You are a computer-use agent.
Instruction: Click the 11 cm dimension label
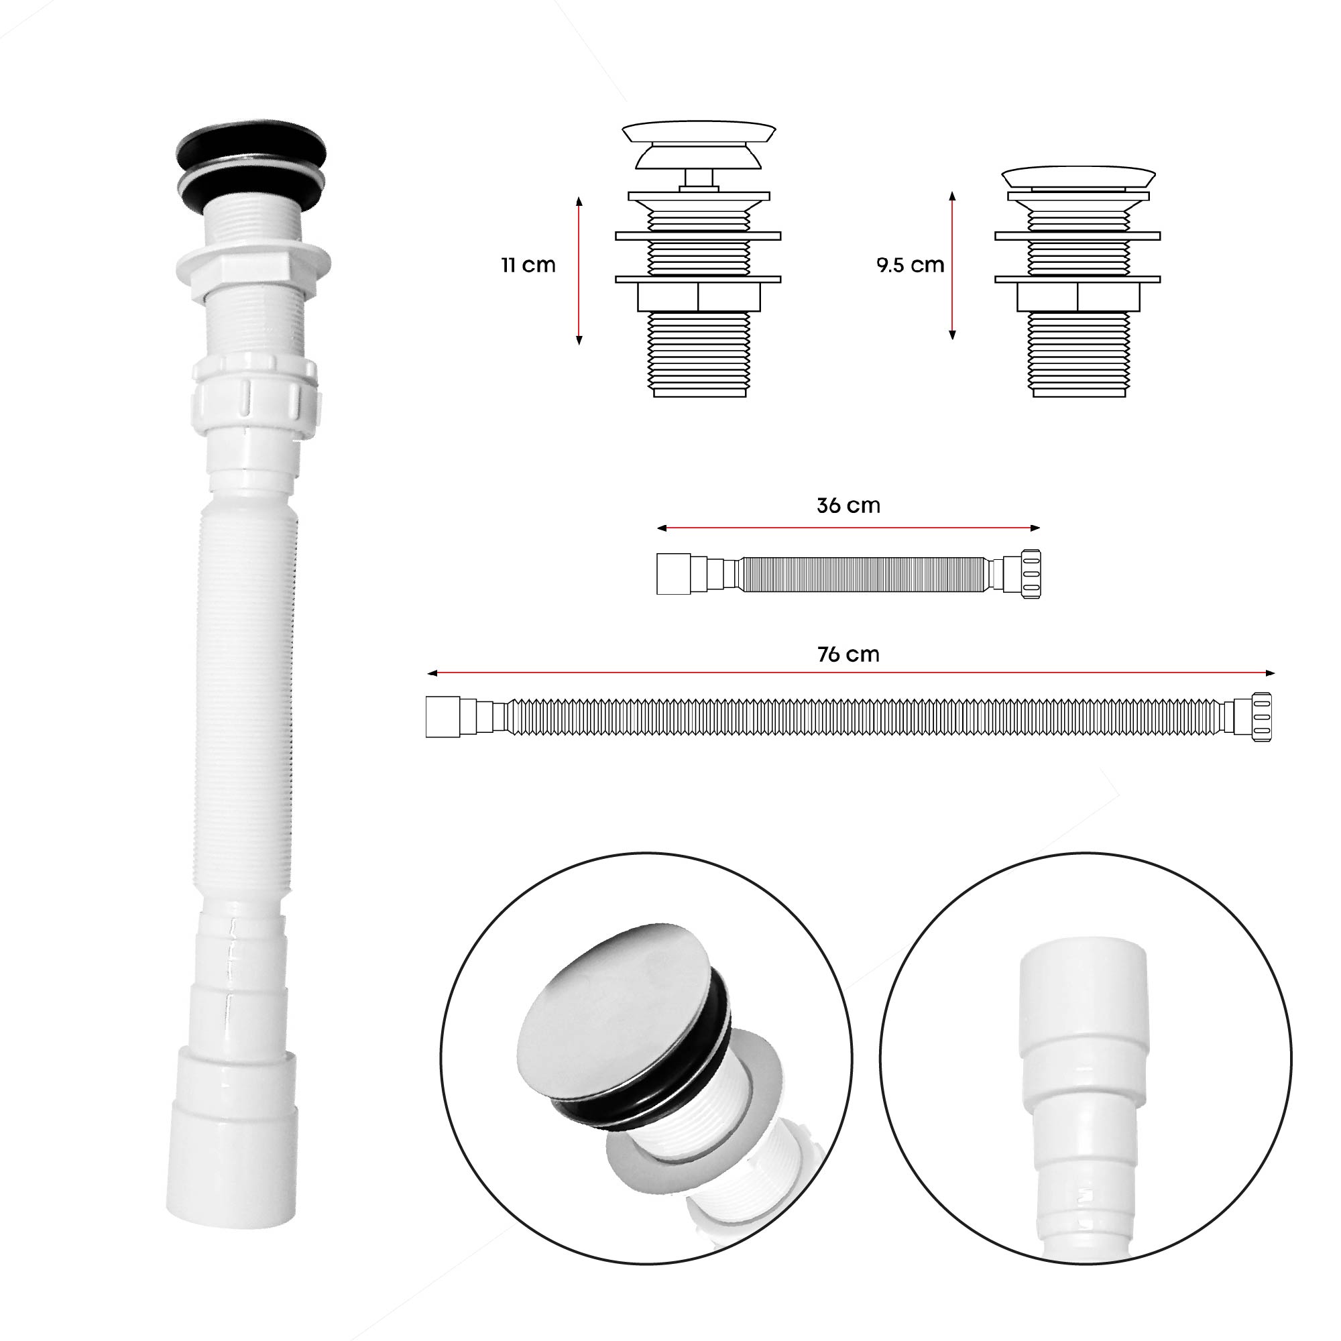point(528,266)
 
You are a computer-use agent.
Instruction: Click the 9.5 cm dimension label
point(910,266)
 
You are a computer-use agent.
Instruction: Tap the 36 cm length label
point(848,506)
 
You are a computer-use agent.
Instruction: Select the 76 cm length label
point(848,654)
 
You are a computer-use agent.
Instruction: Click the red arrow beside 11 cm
point(579,271)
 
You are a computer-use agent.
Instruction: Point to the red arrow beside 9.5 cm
point(952,266)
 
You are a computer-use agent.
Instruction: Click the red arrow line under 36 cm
point(848,528)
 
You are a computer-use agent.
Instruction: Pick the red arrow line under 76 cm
point(851,673)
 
